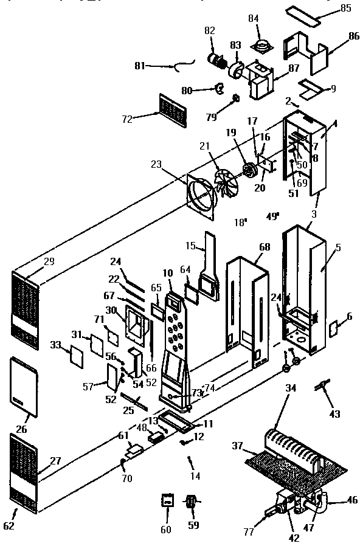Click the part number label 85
(345, 8)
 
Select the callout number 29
(49, 261)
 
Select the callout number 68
(265, 247)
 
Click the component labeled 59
(191, 503)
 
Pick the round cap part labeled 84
(264, 45)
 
